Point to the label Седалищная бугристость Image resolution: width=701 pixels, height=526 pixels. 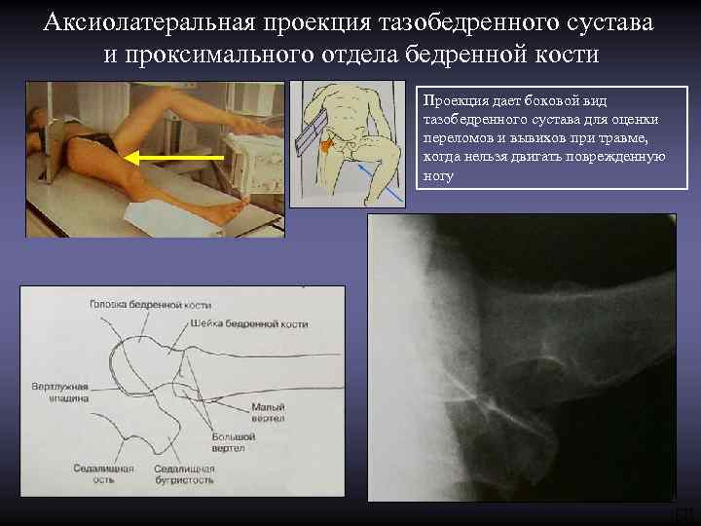184,474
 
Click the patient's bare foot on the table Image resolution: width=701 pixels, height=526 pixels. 227,207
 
